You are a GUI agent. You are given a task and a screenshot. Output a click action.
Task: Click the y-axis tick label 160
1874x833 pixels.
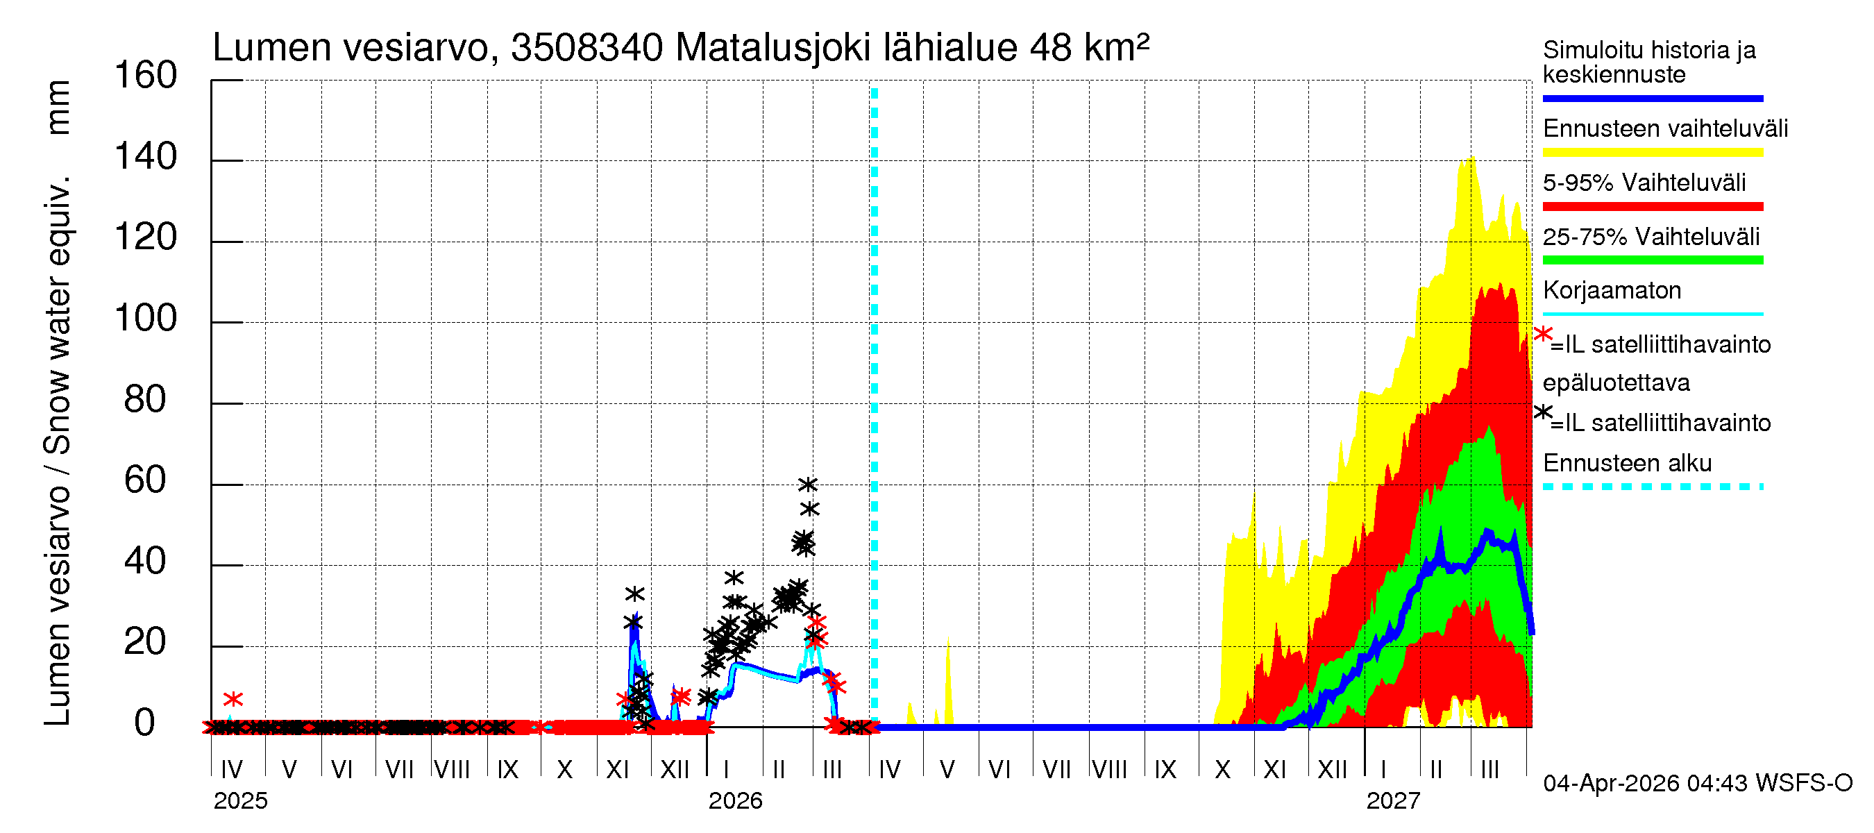[x=146, y=75]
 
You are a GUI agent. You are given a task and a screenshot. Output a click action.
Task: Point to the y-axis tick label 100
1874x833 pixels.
[x=146, y=318]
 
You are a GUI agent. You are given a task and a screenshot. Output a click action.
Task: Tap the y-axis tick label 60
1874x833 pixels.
[x=145, y=480]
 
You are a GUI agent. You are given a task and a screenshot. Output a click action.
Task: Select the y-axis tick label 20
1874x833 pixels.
[x=145, y=641]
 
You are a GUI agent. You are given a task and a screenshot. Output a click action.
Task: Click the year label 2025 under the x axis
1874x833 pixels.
[x=240, y=801]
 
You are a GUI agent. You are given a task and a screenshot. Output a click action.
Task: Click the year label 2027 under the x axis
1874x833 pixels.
[x=1392, y=801]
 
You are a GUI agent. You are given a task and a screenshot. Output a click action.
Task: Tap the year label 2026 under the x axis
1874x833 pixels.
[x=735, y=801]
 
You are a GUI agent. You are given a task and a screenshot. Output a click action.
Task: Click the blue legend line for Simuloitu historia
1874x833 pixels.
[x=1652, y=98]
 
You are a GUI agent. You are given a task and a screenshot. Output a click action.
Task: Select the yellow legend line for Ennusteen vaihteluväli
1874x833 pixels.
[x=1652, y=152]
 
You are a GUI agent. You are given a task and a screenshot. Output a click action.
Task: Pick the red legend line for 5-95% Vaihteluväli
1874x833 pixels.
[x=1652, y=207]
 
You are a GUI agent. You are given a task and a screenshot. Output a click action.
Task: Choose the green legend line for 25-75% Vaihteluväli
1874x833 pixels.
[x=1652, y=260]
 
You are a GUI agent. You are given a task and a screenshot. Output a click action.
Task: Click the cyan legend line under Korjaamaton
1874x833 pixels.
[x=1652, y=314]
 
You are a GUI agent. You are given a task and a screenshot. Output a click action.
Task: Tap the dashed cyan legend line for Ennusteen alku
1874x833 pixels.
[x=1652, y=486]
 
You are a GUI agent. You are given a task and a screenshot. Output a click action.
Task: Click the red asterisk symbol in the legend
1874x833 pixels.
[x=1543, y=334]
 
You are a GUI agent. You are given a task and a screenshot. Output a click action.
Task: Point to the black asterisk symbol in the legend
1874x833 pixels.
[x=1543, y=412]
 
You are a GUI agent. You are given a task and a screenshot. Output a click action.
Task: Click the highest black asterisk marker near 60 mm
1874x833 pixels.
[x=807, y=484]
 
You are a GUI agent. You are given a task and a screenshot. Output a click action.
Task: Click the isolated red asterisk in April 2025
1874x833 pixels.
[x=233, y=699]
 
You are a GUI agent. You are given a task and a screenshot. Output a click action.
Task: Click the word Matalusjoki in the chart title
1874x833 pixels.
[x=773, y=48]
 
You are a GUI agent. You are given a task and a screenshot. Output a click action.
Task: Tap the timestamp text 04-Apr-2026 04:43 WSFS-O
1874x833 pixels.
[x=1697, y=783]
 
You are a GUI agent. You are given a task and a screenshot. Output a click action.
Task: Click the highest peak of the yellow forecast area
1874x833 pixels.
[x=1471, y=157]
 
